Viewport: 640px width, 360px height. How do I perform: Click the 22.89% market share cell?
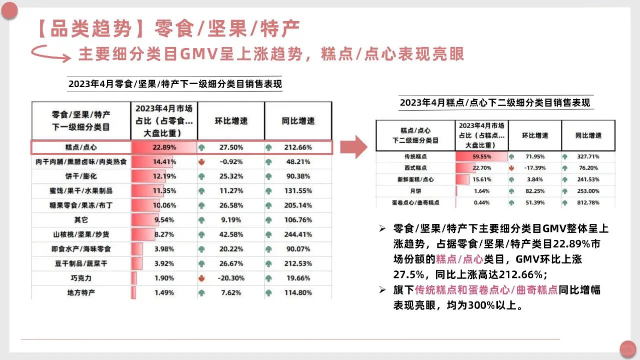164,147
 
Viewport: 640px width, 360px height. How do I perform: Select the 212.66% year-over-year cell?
298,147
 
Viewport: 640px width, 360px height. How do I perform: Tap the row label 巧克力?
81,278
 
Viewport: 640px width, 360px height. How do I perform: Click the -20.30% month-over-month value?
231,278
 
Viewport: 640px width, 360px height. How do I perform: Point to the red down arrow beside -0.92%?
201,162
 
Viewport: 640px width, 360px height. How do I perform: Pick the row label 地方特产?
81,293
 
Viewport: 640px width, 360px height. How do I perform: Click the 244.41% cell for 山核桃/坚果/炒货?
298,234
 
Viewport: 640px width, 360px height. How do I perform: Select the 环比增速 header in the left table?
231,121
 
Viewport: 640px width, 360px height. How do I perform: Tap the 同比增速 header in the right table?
588,135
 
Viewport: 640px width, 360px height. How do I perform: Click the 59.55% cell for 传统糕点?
482,156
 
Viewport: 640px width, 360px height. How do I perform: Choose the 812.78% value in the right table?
588,203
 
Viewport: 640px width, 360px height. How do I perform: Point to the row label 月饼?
415,191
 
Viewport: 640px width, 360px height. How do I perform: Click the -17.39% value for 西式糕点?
535,168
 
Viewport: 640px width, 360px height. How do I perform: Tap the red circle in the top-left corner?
9,11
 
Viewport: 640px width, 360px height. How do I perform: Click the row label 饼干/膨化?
81,176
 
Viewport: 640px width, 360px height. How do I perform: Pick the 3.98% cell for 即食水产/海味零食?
164,249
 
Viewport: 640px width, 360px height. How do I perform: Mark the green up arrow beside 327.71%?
565,157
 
